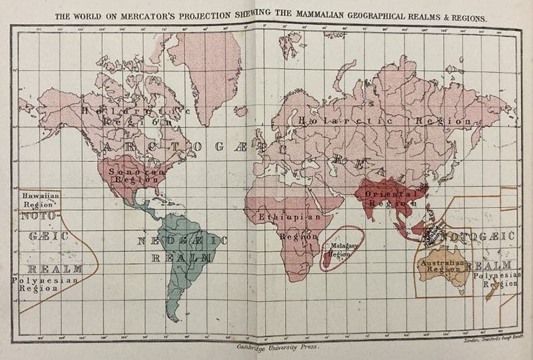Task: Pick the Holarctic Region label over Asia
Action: coord(386,122)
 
